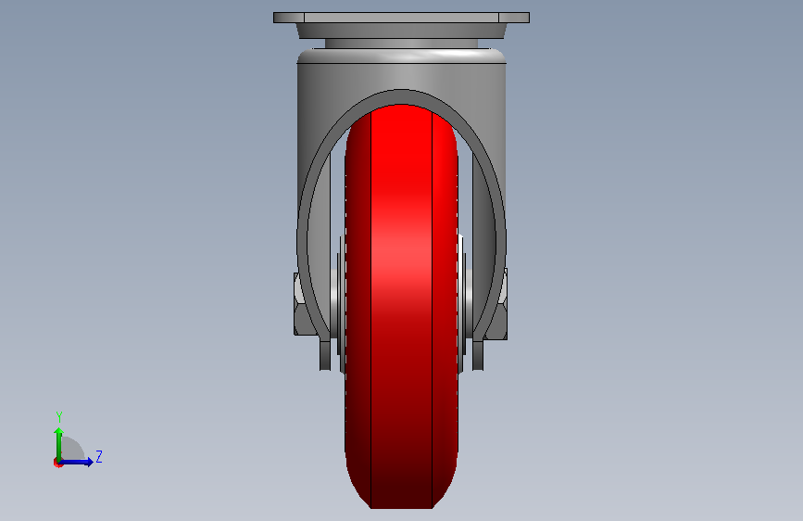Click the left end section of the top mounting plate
pos(289,18)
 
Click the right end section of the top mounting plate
pos(514,18)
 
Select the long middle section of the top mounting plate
pos(402,18)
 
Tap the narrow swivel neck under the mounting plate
pos(402,44)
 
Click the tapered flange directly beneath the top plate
pos(402,31)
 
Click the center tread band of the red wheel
pos(402,307)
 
